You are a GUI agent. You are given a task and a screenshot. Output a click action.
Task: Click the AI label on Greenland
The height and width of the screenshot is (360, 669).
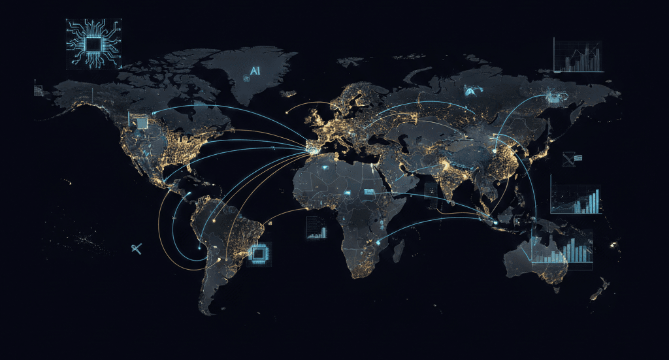(254, 71)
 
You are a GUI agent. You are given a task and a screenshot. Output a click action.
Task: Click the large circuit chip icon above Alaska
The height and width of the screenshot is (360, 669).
(94, 44)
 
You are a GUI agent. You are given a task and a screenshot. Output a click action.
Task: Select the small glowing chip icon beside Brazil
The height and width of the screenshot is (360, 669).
(259, 254)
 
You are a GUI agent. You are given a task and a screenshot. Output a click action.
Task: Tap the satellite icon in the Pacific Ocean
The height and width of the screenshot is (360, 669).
(137, 248)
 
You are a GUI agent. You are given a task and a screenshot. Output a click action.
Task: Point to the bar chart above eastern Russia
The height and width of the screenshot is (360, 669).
(578, 56)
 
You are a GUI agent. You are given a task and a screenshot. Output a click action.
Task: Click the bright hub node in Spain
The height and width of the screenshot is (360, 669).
(309, 150)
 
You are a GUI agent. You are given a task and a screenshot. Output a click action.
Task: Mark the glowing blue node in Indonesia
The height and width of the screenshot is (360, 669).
(495, 223)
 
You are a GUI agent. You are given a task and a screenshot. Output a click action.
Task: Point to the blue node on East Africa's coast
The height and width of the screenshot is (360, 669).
(378, 243)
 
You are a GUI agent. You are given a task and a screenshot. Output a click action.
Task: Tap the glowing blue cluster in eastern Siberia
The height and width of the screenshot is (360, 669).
(557, 97)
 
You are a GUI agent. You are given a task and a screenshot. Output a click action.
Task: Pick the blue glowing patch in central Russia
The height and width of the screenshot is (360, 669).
(470, 91)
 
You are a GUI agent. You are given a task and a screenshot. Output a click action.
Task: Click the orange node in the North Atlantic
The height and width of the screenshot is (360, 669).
(287, 112)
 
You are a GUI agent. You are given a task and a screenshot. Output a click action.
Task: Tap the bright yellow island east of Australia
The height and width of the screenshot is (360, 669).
(614, 244)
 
